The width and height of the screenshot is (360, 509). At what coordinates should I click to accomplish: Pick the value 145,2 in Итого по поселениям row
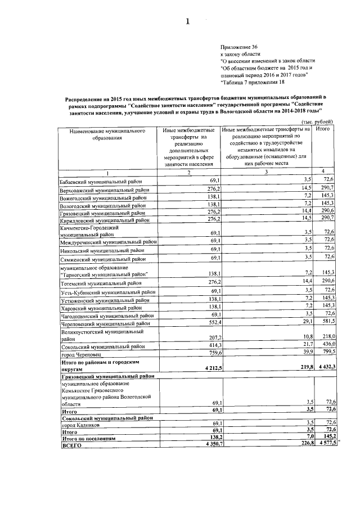pos(327,436)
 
